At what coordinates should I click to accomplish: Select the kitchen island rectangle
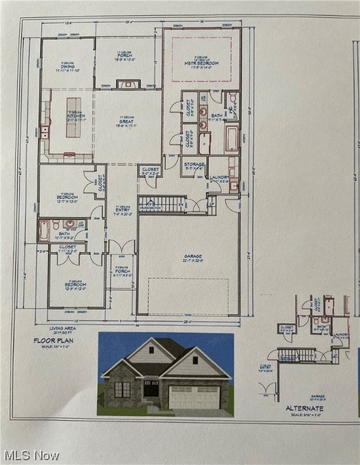(73, 117)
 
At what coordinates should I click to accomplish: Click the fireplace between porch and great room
(128, 85)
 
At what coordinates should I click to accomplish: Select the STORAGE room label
(194, 164)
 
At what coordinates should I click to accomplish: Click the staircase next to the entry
(162, 204)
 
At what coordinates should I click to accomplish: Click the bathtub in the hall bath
(44, 231)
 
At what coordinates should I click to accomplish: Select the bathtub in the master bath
(232, 139)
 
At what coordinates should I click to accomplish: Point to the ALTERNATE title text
(304, 409)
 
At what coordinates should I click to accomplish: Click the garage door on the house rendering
(194, 398)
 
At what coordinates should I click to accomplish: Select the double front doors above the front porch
(122, 246)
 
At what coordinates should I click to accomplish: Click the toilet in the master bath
(232, 97)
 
